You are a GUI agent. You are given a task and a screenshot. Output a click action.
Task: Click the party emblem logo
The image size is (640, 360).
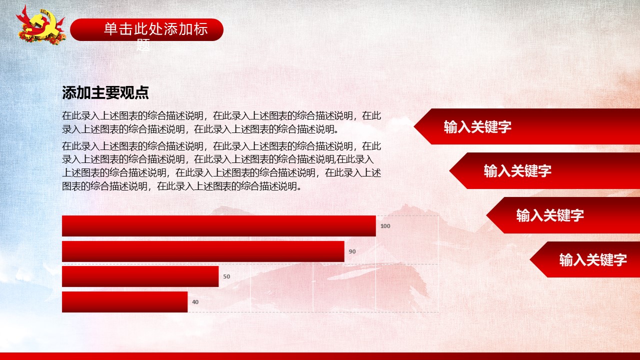point(41,25)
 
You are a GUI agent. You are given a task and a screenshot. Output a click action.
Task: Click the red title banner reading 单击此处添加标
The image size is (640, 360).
point(146,29)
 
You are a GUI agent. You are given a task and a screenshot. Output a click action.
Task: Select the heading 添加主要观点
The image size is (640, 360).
point(105,92)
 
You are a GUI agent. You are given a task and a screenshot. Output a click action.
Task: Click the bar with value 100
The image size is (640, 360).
point(219,226)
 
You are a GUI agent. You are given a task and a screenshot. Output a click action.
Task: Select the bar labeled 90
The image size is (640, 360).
point(203,251)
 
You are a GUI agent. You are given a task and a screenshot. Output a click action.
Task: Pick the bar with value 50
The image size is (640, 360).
point(140,276)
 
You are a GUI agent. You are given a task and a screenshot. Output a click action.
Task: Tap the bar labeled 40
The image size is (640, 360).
point(125,302)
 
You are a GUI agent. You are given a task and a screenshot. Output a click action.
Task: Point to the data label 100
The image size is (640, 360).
point(385,226)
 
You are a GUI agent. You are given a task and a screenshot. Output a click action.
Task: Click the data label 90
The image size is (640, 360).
point(352,251)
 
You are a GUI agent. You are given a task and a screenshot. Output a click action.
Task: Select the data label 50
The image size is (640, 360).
point(226,276)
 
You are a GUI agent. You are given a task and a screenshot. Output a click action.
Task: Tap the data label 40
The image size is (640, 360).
point(195,302)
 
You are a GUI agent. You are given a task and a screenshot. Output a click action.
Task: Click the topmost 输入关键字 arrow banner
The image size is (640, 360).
point(527,126)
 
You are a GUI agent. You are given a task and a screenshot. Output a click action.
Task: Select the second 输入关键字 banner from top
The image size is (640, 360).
point(544,171)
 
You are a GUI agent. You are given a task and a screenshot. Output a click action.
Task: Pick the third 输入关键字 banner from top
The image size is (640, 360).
point(563,215)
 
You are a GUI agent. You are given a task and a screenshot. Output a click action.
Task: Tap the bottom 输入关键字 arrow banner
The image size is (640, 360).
point(585,259)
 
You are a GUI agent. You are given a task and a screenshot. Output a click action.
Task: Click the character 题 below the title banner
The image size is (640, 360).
point(143,45)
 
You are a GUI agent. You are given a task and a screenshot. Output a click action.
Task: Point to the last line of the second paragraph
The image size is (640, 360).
point(181,186)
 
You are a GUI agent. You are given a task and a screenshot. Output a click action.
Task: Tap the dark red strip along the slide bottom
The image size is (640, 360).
point(320,356)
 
